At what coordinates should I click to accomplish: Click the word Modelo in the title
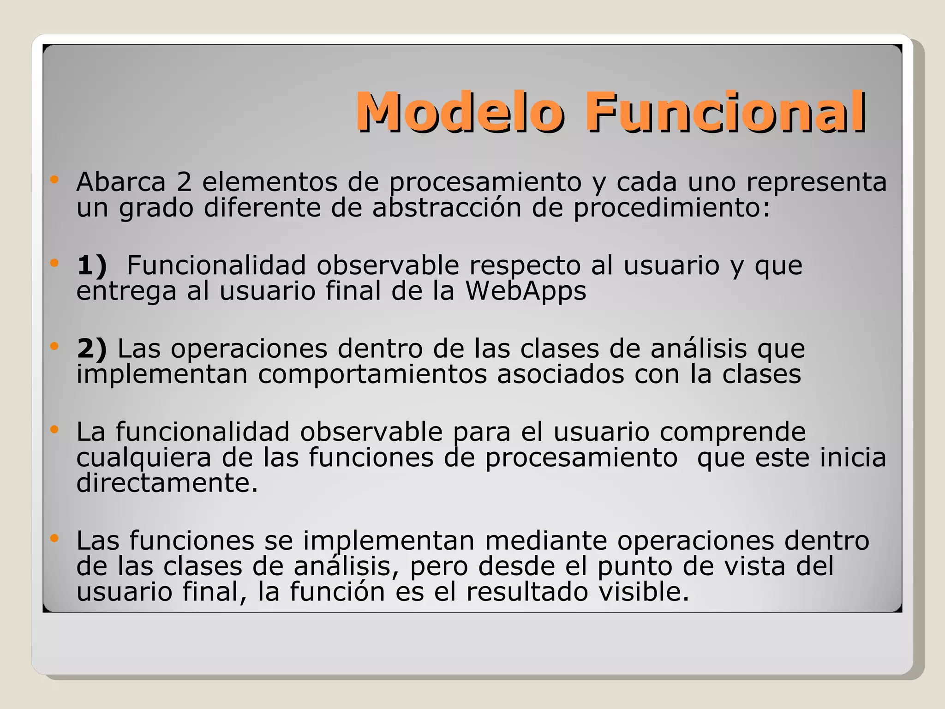point(459,112)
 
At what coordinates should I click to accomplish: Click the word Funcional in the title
point(725,112)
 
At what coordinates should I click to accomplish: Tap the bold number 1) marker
point(92,266)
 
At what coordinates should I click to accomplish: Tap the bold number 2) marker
point(92,348)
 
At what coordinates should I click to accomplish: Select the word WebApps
point(526,291)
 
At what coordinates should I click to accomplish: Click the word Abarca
point(121,182)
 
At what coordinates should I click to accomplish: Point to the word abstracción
point(447,208)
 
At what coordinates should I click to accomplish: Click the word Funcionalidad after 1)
point(216,265)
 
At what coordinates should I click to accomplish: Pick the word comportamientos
point(372,374)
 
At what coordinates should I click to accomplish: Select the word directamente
point(167,483)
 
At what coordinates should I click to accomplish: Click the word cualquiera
point(144,458)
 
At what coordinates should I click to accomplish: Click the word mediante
point(546,541)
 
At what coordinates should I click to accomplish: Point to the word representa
point(816,182)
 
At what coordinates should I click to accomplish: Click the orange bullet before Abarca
point(54,180)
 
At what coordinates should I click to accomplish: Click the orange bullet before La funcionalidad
point(54,429)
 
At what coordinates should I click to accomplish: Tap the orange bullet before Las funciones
point(54,538)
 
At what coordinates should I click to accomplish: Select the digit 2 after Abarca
point(184,182)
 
